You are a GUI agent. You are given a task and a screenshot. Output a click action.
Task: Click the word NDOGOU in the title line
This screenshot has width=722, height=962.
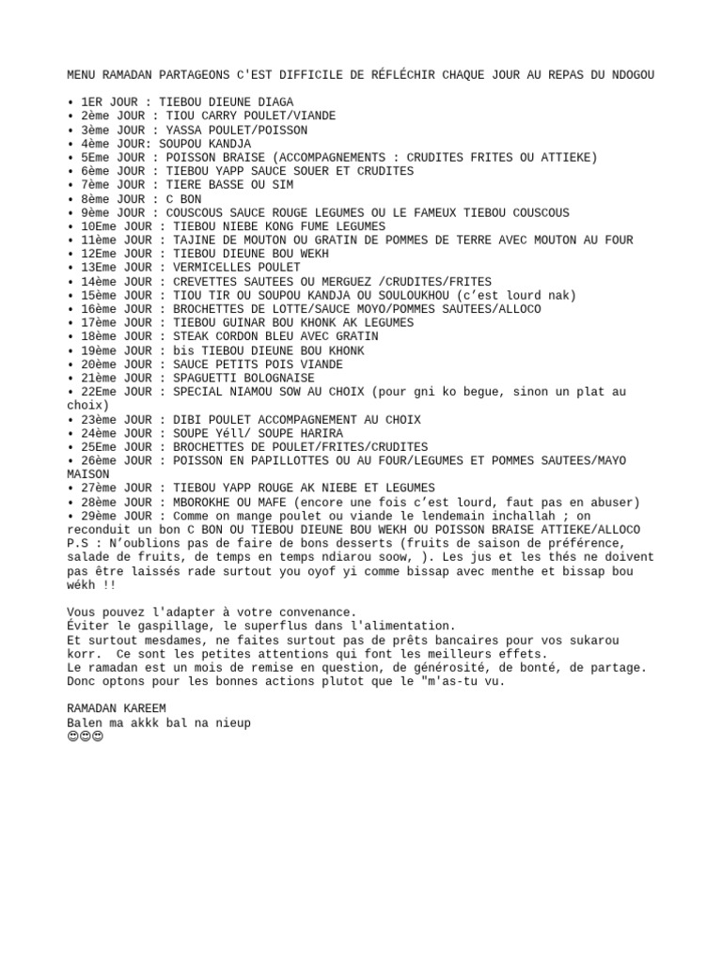(633, 74)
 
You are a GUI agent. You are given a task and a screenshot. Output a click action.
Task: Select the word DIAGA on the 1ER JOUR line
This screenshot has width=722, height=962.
(275, 102)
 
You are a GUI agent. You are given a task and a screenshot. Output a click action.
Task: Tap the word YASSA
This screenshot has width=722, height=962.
(183, 130)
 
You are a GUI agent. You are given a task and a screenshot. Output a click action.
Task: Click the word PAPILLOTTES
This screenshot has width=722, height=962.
(282, 460)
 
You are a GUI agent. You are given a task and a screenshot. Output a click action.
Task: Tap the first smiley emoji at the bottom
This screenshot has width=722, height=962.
(72, 737)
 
